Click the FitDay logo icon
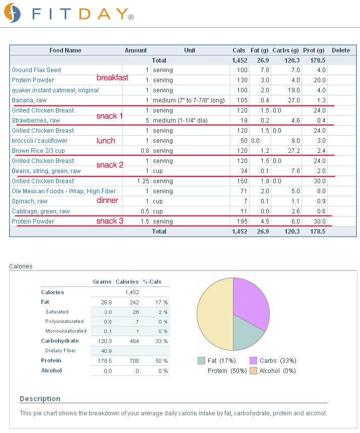12,13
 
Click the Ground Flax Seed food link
36,70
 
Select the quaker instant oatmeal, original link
55,90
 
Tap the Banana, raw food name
29,100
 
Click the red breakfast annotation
112,78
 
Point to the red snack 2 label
110,165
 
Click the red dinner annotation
107,200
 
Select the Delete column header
341,50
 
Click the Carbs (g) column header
285,50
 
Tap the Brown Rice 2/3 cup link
38,151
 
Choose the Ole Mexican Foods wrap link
64,191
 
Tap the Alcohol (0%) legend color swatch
253,370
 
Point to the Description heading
40,399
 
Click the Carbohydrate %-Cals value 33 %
162,341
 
